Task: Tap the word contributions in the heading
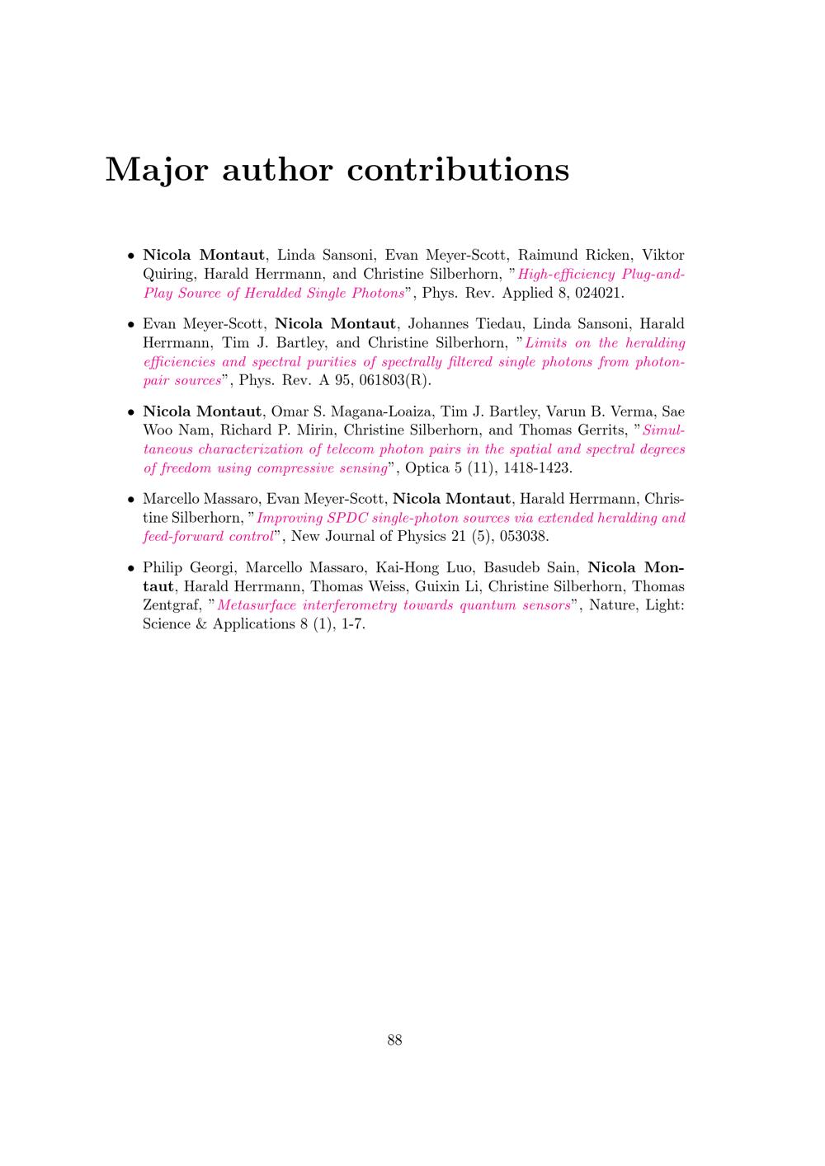(458, 170)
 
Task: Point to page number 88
(394, 1040)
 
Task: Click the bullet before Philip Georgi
(130, 569)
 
